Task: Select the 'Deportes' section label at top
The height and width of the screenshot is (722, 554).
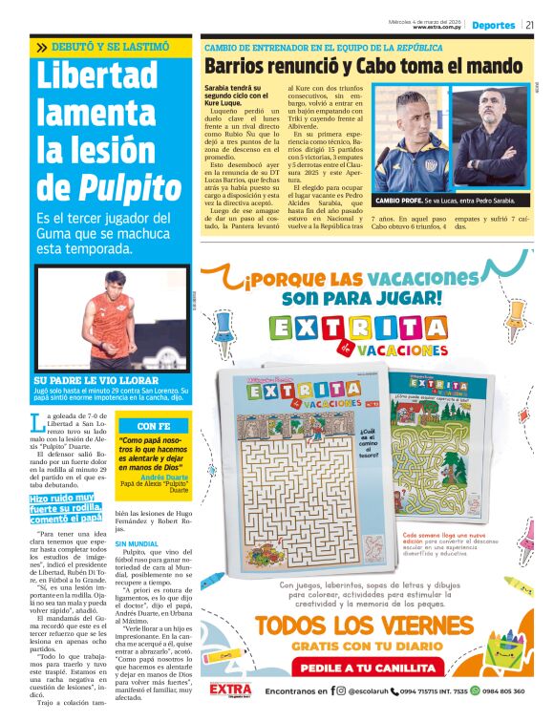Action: [x=493, y=25]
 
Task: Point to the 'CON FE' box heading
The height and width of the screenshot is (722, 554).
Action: [x=154, y=426]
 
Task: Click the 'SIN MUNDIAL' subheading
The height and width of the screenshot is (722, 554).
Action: [x=135, y=543]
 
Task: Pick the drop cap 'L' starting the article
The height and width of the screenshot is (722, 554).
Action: [x=37, y=421]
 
